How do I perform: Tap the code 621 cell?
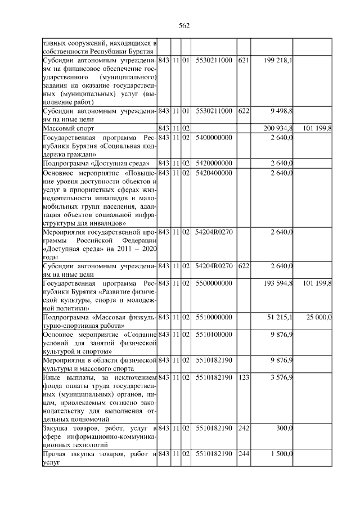coord(243,60)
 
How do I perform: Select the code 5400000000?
coord(213,138)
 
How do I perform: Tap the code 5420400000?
coord(213,173)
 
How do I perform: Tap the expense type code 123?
coord(243,377)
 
